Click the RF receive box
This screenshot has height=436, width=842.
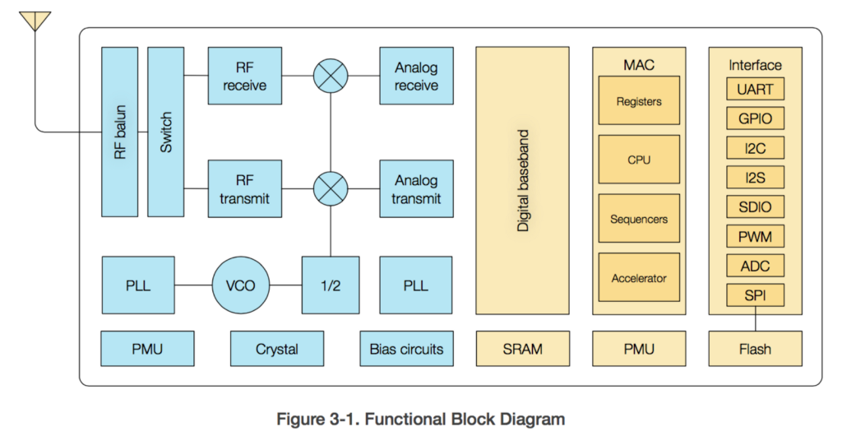pyautogui.click(x=244, y=77)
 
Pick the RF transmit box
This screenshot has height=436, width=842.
pyautogui.click(x=244, y=189)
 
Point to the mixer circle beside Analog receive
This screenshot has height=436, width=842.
pyautogui.click(x=331, y=77)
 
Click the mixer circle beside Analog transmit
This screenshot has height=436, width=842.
pyautogui.click(x=331, y=189)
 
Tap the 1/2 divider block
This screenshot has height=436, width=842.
pyautogui.click(x=331, y=285)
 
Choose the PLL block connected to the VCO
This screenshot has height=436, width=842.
pyautogui.click(x=137, y=285)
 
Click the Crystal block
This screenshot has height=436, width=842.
pyautogui.click(x=276, y=349)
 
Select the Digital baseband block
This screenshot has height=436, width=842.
pyautogui.click(x=522, y=180)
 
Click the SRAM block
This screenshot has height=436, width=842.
pyautogui.click(x=522, y=349)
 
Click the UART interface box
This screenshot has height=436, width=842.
pyautogui.click(x=755, y=89)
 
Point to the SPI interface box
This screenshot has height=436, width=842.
pyautogui.click(x=755, y=295)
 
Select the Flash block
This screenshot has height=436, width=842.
pyautogui.click(x=755, y=349)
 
